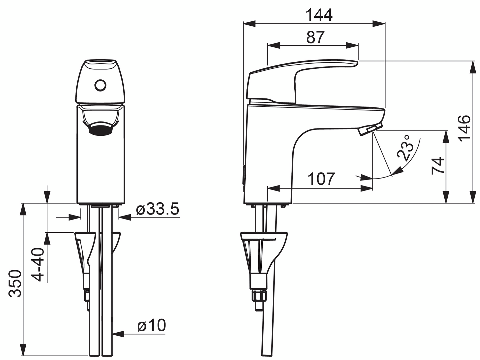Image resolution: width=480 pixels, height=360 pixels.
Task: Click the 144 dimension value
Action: pos(319,15)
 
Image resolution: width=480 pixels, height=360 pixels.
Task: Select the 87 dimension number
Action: pos(315,37)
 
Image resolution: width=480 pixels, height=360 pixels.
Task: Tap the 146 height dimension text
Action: pos(464,128)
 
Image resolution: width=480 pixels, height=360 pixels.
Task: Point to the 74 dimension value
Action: pos(438,166)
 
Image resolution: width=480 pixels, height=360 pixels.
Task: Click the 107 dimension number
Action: pos(321,179)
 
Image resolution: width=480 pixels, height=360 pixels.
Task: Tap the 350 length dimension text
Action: pos(15,284)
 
